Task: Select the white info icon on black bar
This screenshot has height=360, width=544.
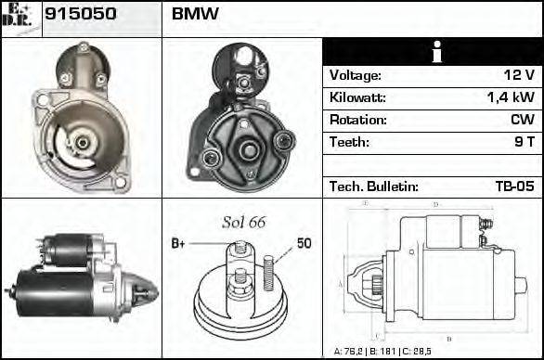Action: (x=432, y=52)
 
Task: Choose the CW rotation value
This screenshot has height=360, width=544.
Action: (x=522, y=121)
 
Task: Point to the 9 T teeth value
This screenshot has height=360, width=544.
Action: (x=524, y=143)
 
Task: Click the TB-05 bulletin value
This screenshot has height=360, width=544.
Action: (x=514, y=186)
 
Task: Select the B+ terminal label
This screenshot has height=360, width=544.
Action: (x=179, y=243)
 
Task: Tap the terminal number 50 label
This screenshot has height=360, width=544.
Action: (x=304, y=243)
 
